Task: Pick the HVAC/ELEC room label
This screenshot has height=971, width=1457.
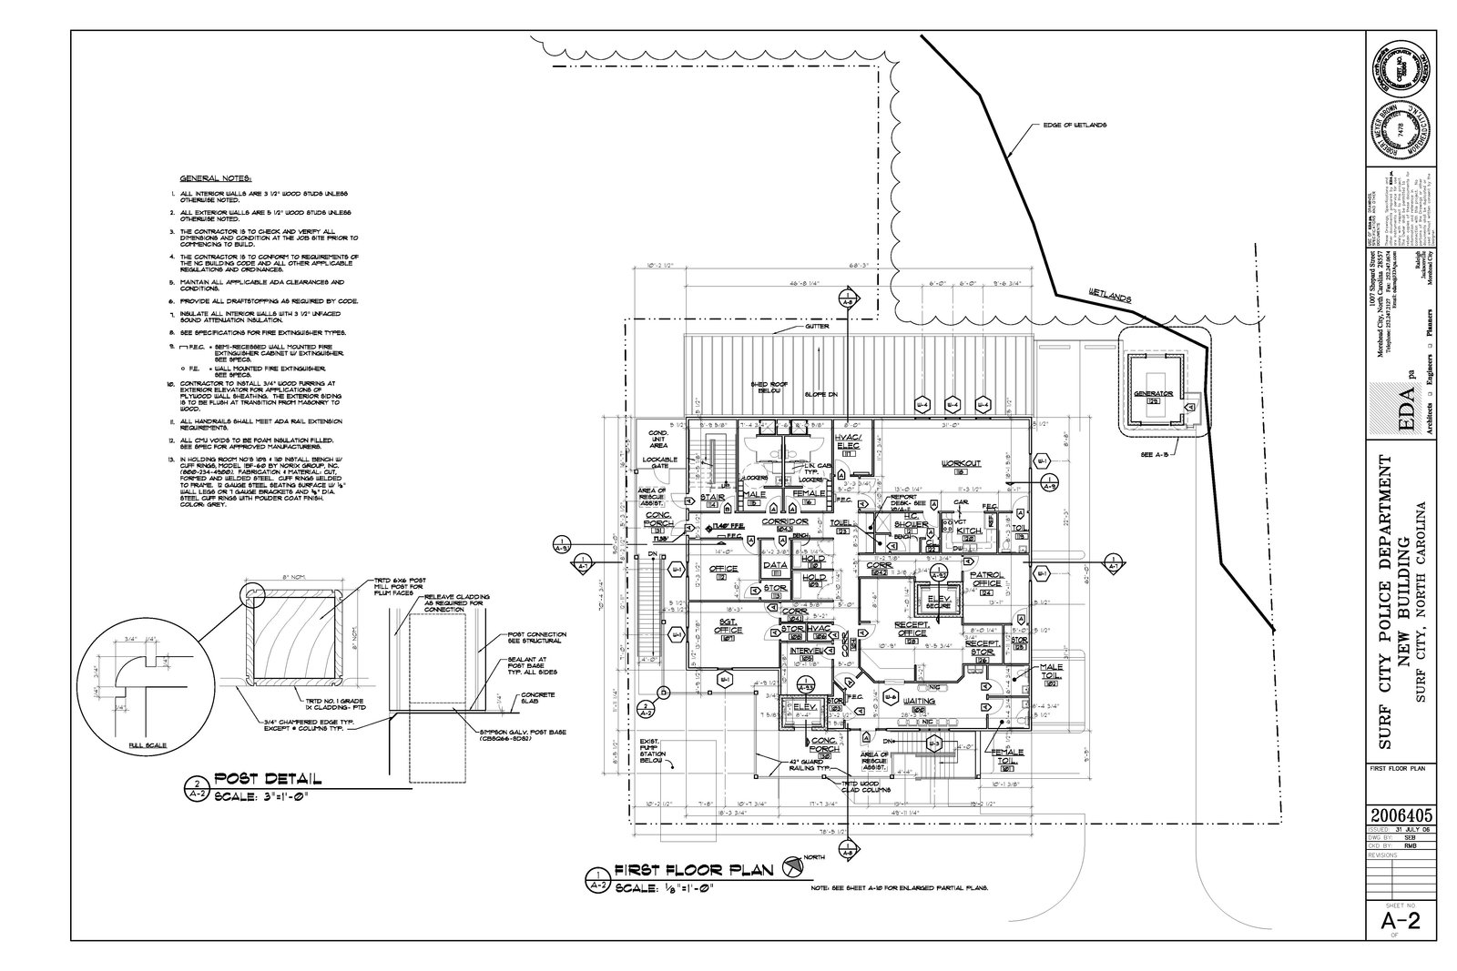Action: (x=846, y=442)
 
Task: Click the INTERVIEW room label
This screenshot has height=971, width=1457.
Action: (x=807, y=652)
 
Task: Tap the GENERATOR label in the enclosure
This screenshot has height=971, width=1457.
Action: (x=1153, y=395)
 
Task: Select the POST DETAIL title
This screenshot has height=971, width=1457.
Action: (x=267, y=780)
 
